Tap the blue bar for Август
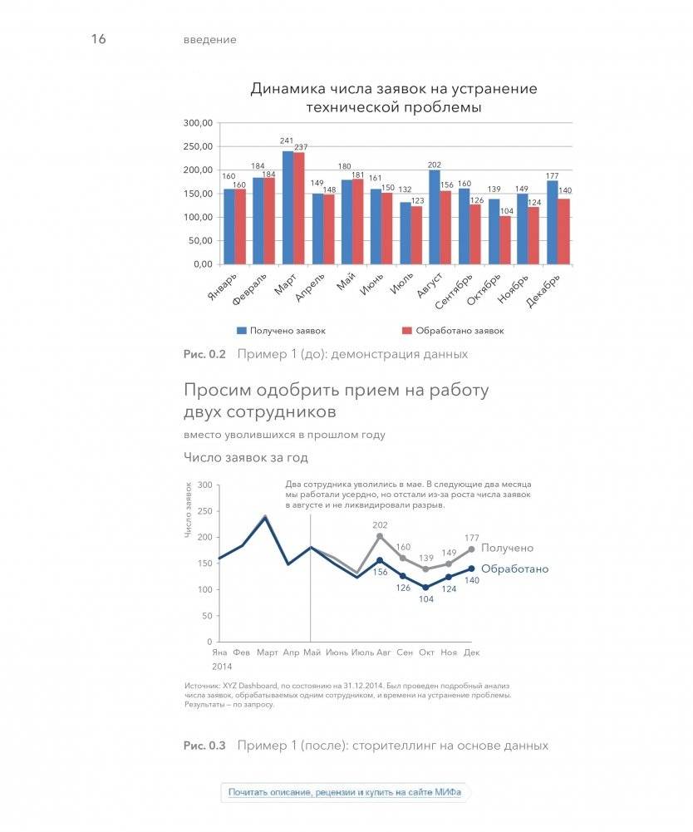coord(434,217)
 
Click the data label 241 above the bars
coord(287,141)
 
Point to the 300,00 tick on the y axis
coord(199,123)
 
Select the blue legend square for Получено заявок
coord(241,330)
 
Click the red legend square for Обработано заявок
coord(406,330)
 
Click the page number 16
coord(98,39)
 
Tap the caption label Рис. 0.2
coord(204,354)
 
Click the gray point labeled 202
coord(380,536)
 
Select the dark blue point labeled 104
coord(426,588)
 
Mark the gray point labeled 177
coord(472,549)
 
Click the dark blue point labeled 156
coord(380,560)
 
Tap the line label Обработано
coord(515,569)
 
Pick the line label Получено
coord(507,548)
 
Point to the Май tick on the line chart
coord(312,652)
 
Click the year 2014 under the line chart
coord(222,667)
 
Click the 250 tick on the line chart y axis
coord(205,510)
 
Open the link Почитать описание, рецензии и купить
coord(345,792)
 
